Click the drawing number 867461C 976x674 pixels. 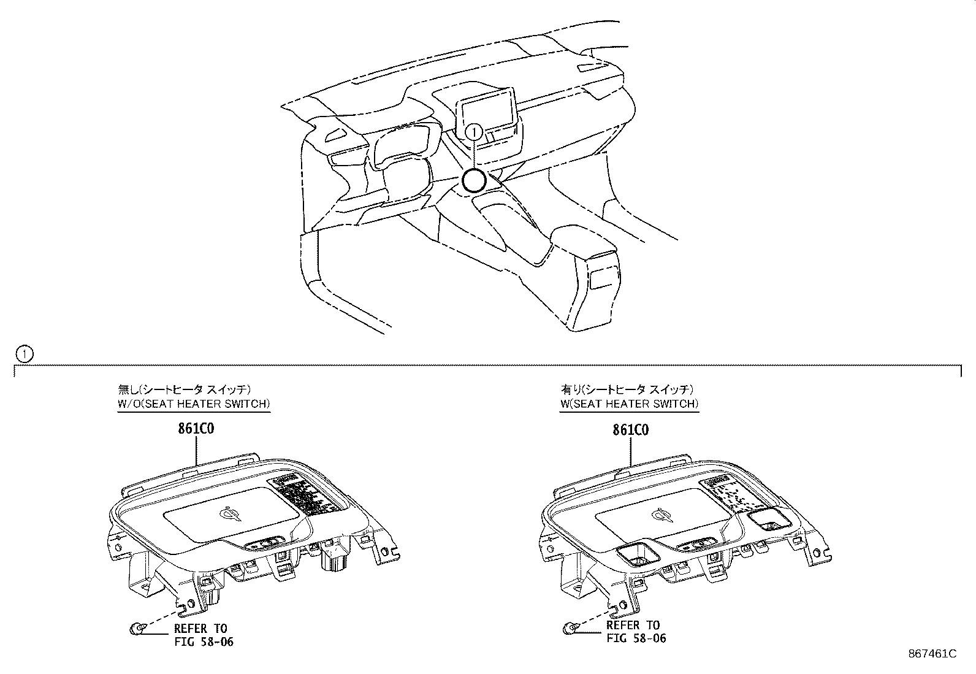coord(932,654)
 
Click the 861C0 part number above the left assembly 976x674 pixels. coord(196,429)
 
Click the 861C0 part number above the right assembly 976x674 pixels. coord(630,429)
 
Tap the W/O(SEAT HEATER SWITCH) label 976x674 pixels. coord(194,404)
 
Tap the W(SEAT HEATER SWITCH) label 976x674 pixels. coord(629,404)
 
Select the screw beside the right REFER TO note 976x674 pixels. coord(569,627)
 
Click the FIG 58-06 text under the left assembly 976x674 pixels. coord(204,641)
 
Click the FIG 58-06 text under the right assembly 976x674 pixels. coord(636,638)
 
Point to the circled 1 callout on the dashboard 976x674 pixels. coord(474,131)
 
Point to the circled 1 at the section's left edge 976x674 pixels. coord(23,354)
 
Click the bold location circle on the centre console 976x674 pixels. coord(473,180)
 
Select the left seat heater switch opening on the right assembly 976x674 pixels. coord(638,553)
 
